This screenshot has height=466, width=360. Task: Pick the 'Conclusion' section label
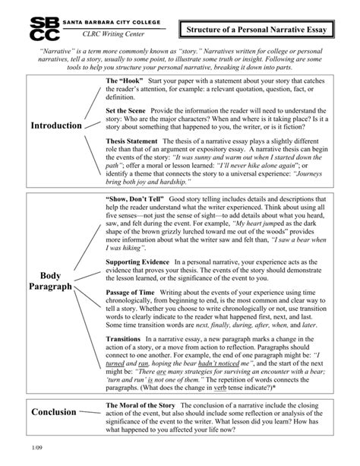(x=53, y=411)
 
